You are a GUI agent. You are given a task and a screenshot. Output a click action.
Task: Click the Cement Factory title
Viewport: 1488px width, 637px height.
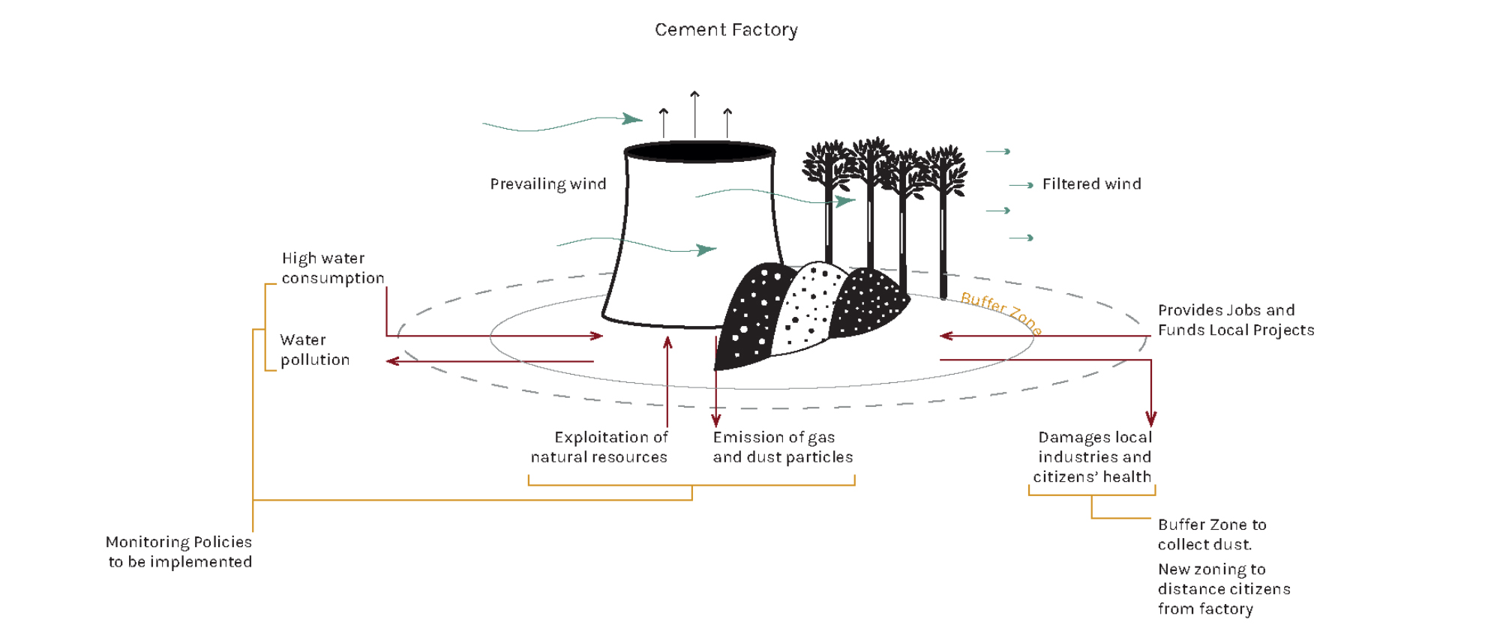tap(726, 30)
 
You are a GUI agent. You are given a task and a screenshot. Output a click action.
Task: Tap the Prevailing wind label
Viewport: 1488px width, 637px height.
tap(547, 184)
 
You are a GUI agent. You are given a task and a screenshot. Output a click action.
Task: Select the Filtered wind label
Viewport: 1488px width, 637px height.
tap(1091, 184)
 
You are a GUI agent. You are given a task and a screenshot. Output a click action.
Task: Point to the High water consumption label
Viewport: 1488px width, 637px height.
tap(332, 268)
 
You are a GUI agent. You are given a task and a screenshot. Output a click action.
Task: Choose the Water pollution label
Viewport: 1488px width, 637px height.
tap(314, 350)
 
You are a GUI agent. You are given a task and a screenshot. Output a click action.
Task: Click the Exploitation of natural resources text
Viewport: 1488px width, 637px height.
tap(600, 447)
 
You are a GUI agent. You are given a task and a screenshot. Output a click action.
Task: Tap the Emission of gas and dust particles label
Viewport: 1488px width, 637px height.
tap(782, 447)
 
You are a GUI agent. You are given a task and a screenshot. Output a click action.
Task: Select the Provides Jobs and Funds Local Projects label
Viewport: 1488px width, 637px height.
tap(1235, 320)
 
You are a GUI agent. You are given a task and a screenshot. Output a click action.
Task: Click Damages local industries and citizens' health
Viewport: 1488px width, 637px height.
tap(1093, 457)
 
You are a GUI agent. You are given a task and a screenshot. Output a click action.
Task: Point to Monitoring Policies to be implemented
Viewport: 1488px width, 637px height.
tap(179, 552)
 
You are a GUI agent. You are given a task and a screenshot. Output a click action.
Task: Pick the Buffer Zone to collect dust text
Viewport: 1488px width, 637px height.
tap(1211, 534)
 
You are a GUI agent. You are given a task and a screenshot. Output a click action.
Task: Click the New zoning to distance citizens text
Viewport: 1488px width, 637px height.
tap(1223, 589)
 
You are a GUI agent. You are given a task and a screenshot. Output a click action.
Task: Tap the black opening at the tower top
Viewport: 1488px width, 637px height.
tap(699, 151)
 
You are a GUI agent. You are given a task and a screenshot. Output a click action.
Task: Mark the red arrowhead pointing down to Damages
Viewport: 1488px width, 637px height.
tap(1150, 420)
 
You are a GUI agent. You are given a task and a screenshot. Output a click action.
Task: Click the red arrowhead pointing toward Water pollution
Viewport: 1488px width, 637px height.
tap(392, 361)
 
